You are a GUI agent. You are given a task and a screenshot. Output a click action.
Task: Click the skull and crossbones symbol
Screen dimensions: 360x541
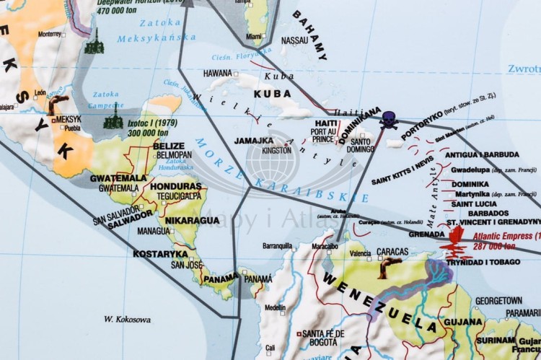(x=389, y=120)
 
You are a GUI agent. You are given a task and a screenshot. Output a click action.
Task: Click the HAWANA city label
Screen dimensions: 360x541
(x=217, y=73)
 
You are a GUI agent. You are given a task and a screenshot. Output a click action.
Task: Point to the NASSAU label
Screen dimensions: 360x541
(x=294, y=40)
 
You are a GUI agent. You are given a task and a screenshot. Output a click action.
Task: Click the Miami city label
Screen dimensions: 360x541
(x=254, y=36)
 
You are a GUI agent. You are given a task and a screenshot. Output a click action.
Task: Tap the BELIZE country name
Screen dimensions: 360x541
(x=170, y=145)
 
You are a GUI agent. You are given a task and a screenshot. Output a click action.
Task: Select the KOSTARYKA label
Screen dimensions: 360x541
(x=160, y=253)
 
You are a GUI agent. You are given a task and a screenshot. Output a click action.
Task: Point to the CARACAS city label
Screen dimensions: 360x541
(x=392, y=253)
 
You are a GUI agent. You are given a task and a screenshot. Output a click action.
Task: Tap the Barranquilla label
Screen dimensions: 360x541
(x=277, y=246)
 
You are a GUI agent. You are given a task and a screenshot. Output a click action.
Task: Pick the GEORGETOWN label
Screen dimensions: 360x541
(x=498, y=299)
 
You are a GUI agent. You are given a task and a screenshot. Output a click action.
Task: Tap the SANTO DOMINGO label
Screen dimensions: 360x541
(x=361, y=146)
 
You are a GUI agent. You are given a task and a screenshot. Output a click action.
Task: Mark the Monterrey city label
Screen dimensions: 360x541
(x=51, y=33)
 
